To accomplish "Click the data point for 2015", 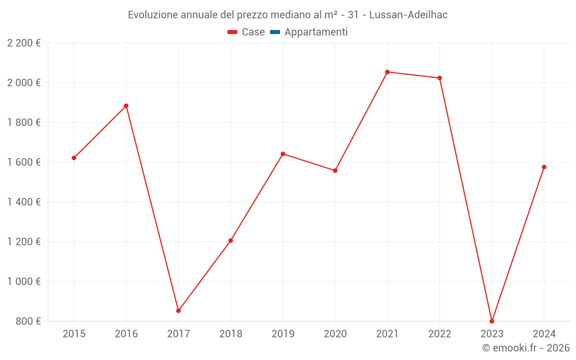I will point(74,158).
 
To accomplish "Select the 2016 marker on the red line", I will point(126,106).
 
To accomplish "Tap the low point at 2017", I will point(179,311).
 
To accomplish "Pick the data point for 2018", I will point(230,241).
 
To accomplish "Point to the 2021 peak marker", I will point(387,72).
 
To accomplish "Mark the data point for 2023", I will point(492,321).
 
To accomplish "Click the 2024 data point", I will point(544,167).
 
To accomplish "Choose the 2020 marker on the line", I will point(335,170).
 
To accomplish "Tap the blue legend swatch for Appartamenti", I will point(275,32).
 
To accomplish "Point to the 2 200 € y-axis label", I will point(24,43).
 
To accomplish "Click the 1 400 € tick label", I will point(24,202).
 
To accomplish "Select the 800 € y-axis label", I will point(28,321).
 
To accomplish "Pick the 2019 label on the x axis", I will point(283,334).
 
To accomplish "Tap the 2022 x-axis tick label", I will point(439,334).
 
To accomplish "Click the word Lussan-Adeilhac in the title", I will point(408,15).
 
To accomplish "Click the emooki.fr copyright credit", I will point(526,348).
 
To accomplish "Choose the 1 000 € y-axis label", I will point(24,282).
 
